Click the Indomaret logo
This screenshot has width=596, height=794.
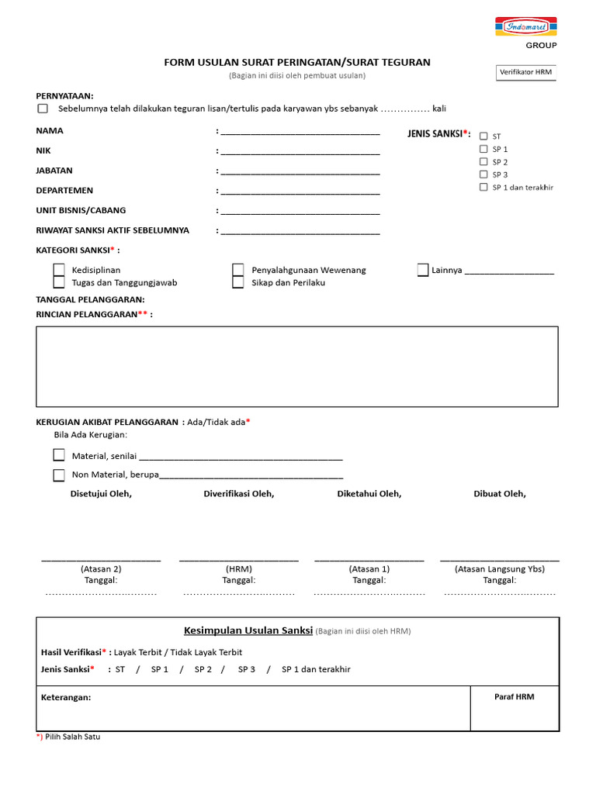(525, 27)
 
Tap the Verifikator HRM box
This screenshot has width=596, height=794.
(526, 73)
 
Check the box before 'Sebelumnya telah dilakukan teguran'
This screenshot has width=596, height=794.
(43, 109)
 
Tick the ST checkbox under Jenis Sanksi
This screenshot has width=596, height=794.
(483, 136)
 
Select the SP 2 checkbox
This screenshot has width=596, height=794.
(483, 161)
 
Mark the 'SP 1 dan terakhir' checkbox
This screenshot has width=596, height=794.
(483, 187)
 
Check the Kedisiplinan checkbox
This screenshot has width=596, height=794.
(59, 270)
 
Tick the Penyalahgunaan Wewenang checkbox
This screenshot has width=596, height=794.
(238, 270)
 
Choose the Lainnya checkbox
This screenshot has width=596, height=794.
(423, 270)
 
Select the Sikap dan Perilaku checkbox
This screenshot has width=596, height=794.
(238, 282)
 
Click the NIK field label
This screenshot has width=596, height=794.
(43, 150)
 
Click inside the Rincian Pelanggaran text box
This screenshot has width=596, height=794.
(296, 366)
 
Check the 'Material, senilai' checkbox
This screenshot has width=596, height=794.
(59, 455)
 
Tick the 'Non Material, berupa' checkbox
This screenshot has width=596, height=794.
(59, 475)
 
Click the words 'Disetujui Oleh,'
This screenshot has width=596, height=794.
(101, 494)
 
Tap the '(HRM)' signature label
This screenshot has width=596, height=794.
(238, 568)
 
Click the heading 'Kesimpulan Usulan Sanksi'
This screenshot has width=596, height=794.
(248, 630)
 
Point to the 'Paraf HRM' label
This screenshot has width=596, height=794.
(515, 696)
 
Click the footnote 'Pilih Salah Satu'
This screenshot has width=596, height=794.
(73, 737)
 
